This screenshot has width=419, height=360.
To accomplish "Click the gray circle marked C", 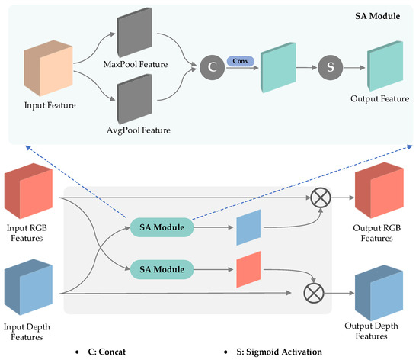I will point(213,67).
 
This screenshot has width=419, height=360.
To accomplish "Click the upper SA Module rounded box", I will point(160,227).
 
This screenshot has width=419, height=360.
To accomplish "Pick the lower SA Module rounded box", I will point(160,268).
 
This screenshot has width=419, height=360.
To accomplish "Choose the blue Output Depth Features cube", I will point(379,291).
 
